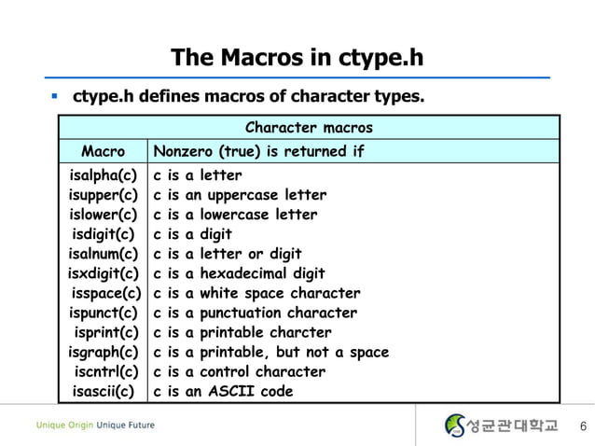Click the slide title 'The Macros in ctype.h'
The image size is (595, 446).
coord(297,58)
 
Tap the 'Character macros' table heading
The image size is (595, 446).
coord(308,127)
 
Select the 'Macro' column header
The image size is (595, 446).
coord(103,150)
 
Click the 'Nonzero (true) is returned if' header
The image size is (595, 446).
coord(258,150)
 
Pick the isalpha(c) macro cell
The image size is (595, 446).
coord(103,175)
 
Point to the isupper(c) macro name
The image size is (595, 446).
coord(103,195)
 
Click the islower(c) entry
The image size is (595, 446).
coord(103,215)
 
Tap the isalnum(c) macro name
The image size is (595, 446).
coord(103,254)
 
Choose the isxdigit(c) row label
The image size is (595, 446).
coord(103,273)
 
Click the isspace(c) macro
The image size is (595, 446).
coord(104,293)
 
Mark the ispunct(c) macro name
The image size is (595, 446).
coord(103,313)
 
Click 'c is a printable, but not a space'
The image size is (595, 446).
coord(270,352)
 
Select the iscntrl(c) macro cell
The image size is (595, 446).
coord(105,371)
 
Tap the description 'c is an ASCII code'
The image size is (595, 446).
coord(223,391)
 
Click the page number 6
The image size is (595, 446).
coord(583,427)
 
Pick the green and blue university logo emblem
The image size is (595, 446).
coord(455,425)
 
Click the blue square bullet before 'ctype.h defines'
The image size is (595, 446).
coord(56,96)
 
